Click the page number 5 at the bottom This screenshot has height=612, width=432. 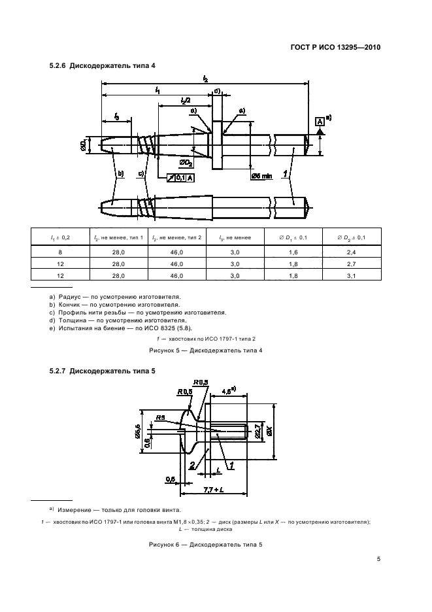pos(378,558)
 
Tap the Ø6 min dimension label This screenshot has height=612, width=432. pos(260,176)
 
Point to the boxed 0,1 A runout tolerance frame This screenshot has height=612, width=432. pos(180,177)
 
